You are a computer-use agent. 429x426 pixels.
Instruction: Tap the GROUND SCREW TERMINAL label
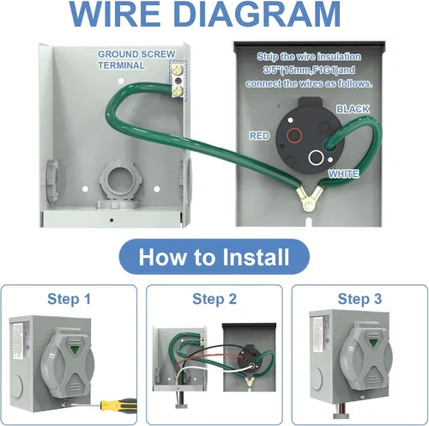[135, 58]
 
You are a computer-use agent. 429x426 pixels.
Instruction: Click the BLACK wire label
[353, 109]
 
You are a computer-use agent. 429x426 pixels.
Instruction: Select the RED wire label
[259, 136]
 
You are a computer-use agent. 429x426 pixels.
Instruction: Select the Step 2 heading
[215, 299]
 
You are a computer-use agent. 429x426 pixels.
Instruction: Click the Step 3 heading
[360, 299]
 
